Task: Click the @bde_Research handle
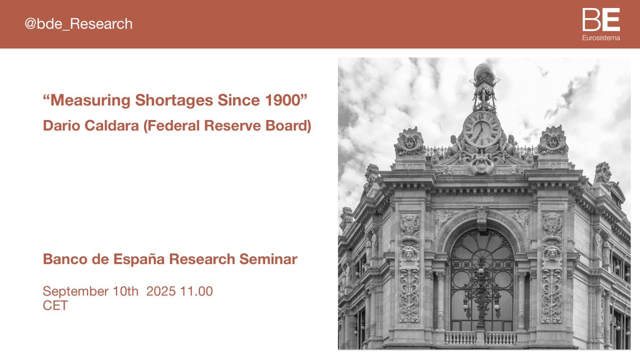78,24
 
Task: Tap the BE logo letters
601,21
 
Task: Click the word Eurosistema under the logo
601,38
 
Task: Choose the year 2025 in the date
162,292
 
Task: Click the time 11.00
197,292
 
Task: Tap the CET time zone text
55,306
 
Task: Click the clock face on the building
482,129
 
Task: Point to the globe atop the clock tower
484,72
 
